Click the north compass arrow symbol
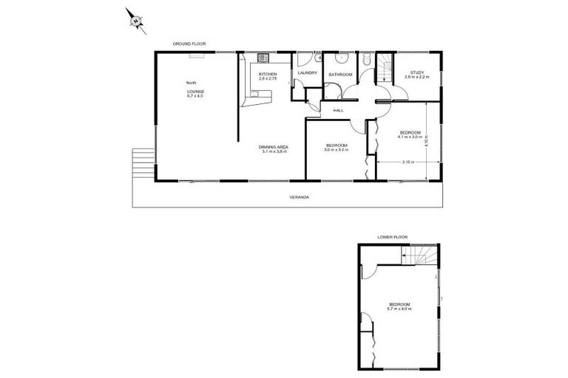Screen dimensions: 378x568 point(136,21)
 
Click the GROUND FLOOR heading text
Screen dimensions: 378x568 point(189,44)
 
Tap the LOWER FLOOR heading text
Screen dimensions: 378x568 point(393,237)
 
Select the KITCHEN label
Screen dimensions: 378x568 point(267,75)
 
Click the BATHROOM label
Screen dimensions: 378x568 point(341,75)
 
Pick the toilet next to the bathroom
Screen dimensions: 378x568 point(366,59)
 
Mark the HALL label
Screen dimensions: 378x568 point(339,110)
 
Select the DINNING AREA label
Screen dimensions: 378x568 point(274,147)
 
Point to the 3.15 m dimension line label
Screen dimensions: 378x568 point(407,162)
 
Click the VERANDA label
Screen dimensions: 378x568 point(299,198)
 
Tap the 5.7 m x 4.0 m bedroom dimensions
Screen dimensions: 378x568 point(399,309)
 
